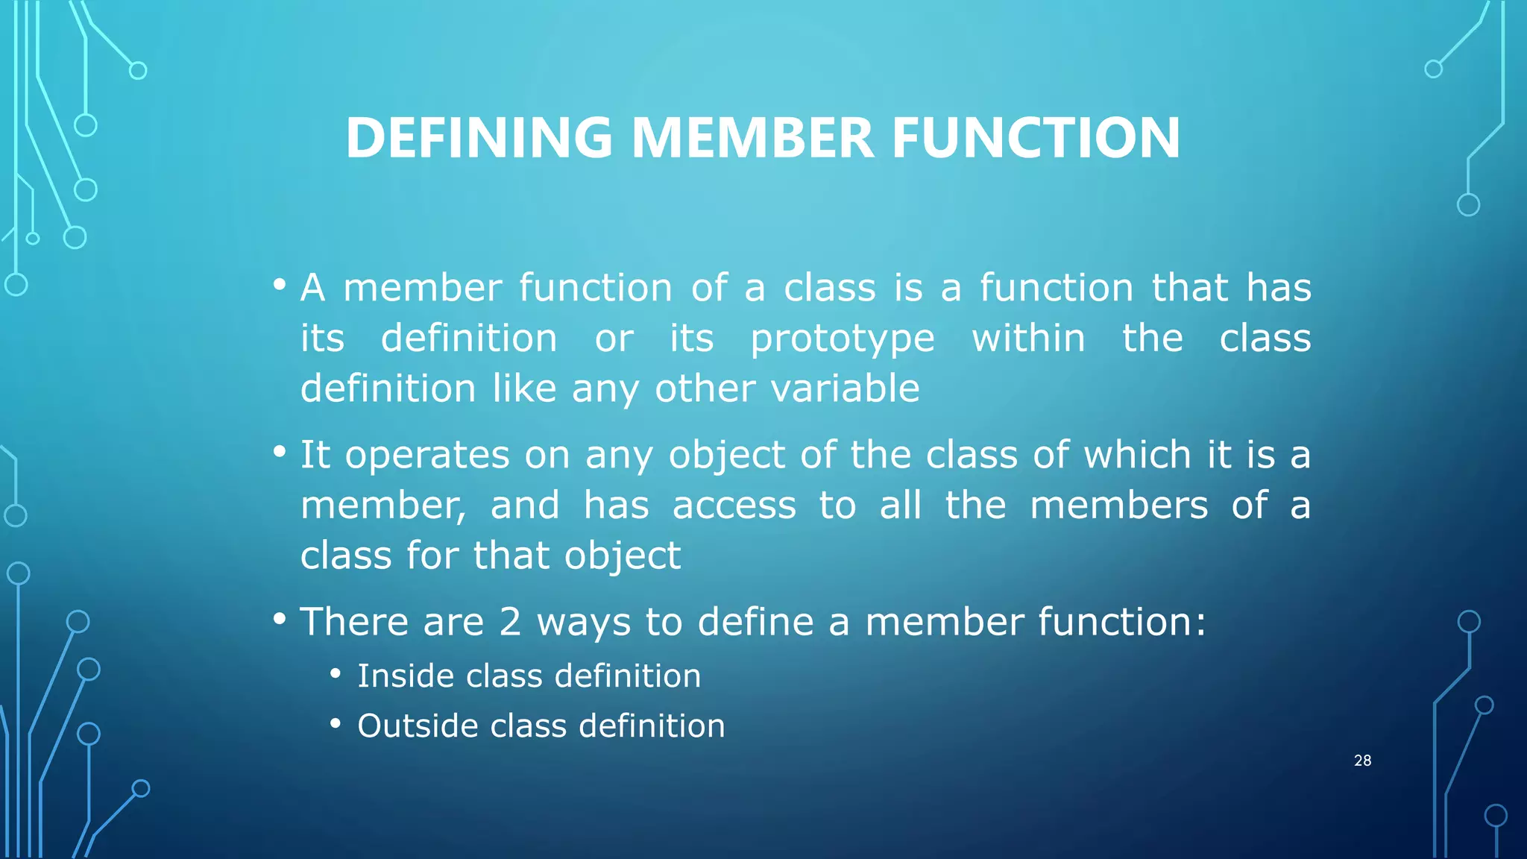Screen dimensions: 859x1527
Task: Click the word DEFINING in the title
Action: coord(479,139)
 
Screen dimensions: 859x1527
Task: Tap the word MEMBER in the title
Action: coord(752,139)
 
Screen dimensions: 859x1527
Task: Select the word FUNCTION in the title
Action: coord(1036,139)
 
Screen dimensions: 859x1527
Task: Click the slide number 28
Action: coord(1362,761)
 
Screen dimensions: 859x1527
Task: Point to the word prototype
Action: coord(842,340)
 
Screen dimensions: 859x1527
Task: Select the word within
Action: coord(1028,339)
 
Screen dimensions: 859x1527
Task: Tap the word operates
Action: coord(427,456)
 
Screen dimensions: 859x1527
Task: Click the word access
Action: coord(734,506)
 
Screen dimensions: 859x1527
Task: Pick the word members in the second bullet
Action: coord(1118,506)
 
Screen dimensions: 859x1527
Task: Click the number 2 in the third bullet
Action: coord(510,622)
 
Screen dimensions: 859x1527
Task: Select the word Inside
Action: coord(406,676)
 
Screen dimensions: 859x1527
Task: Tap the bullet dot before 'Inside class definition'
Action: coord(336,675)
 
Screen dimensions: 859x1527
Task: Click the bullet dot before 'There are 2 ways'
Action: coord(280,619)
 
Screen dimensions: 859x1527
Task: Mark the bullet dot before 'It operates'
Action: coord(280,452)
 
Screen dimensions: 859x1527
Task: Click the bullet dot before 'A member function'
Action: coord(280,285)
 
